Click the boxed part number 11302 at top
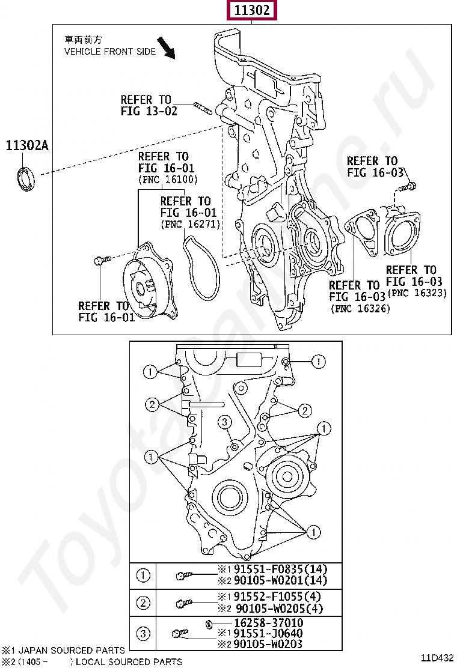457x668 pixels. (x=251, y=10)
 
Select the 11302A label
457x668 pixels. (x=27, y=146)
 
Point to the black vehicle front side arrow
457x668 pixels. (x=166, y=47)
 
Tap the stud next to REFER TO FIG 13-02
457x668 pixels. (x=203, y=108)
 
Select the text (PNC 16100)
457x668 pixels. (x=168, y=180)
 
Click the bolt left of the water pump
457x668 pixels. (x=102, y=260)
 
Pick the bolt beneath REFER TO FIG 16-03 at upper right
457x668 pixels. (x=407, y=187)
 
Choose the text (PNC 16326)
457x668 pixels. (x=360, y=308)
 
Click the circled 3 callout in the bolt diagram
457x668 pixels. (x=225, y=422)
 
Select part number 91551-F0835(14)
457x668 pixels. (x=280, y=569)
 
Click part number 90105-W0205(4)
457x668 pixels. (x=280, y=609)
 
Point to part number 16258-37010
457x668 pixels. (x=269, y=623)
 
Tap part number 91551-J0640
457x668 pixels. (x=268, y=634)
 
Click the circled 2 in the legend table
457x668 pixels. (x=143, y=603)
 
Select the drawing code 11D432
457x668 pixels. (x=437, y=658)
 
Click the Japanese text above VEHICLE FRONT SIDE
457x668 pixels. (x=83, y=40)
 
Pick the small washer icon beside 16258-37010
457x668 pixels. (x=209, y=625)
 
